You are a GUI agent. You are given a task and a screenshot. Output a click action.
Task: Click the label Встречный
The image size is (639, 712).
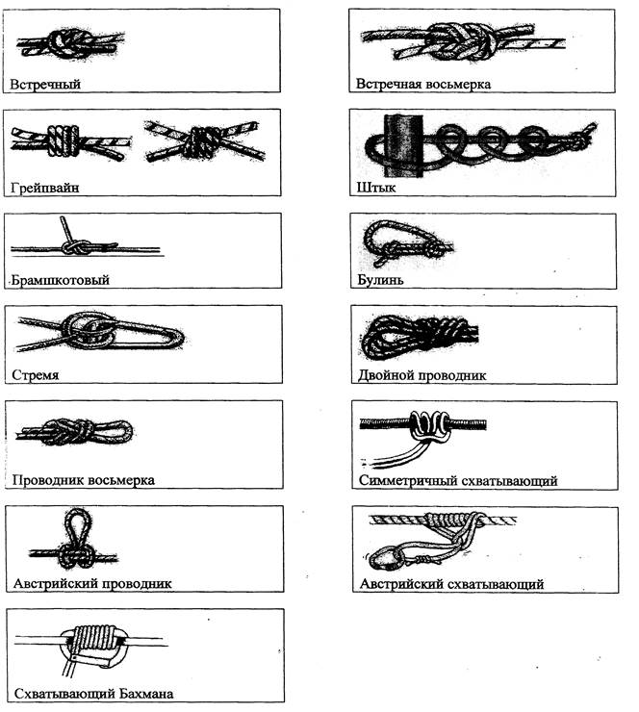pos(45,85)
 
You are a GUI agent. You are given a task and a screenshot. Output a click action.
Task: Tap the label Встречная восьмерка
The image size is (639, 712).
pos(423,85)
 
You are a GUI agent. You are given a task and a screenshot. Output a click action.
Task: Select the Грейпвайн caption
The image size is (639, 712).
pos(44,188)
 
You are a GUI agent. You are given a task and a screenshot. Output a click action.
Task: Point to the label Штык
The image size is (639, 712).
pos(376,188)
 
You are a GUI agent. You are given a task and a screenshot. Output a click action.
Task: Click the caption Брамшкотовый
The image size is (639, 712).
pos(60,280)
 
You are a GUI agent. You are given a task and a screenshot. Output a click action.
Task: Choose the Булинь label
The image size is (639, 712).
pos(380,280)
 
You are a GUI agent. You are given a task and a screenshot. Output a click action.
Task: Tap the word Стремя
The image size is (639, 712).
pos(35,375)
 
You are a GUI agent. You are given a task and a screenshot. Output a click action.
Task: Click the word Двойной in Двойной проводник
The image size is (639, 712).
pos(386,375)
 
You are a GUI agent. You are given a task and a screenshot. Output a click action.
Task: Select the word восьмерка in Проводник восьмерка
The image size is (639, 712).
pos(121,480)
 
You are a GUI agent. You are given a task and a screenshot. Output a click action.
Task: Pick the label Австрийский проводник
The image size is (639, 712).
pos(92,583)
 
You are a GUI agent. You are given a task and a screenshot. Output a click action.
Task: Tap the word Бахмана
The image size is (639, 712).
pos(145,694)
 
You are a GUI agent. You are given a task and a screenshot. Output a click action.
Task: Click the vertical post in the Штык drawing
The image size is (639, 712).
pos(403,145)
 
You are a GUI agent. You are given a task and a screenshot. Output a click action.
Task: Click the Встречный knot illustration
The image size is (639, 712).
pos(70,44)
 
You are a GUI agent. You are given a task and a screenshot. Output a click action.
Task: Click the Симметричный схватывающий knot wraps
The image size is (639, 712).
pos(429,425)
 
